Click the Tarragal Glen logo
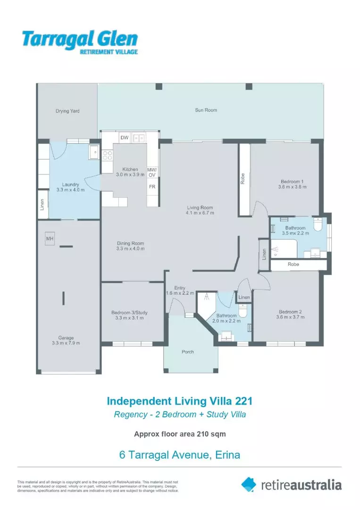tap(80, 42)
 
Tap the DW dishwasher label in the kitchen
tap(125, 137)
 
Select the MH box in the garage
tap(50, 239)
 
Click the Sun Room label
tap(206, 110)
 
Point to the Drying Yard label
tap(67, 111)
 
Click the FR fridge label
tap(152, 187)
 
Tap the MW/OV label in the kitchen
tap(152, 172)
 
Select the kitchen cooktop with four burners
tap(107, 155)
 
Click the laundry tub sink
tap(94, 152)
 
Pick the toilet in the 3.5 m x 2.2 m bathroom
tap(318, 224)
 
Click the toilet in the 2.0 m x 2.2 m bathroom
tap(243, 311)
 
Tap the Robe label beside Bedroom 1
tap(243, 179)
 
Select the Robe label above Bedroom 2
tap(293, 264)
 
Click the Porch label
tap(188, 352)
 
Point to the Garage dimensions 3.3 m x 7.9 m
tap(66, 343)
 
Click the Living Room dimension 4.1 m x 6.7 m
tap(200, 213)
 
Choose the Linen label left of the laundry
tap(42, 204)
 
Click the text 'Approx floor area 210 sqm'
tap(180, 434)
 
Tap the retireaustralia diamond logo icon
tap(249, 484)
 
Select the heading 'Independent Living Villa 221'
tap(180, 401)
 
